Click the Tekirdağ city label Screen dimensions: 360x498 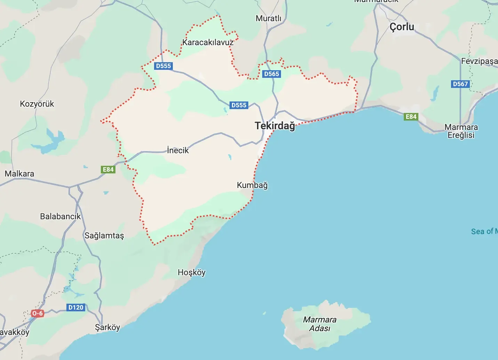[275, 125]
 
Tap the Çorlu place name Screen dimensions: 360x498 [402, 27]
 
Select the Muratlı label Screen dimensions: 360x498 [268, 18]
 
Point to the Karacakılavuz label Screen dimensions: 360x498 [208, 42]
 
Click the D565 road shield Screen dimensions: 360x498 [272, 74]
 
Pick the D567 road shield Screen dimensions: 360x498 [460, 84]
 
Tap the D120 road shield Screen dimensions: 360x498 [76, 307]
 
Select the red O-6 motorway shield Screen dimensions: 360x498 [37, 313]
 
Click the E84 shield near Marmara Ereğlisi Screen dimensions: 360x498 [411, 117]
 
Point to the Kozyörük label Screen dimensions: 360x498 [37, 104]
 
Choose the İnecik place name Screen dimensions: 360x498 [178, 150]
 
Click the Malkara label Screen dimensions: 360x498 [19, 173]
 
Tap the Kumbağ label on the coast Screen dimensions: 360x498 [252, 185]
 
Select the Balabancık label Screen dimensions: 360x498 [60, 216]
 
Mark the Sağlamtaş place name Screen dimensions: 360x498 [104, 236]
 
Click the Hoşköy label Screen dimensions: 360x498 [192, 272]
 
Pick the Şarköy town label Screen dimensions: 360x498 [107, 327]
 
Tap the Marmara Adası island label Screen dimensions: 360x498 [320, 324]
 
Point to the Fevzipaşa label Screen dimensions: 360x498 [479, 61]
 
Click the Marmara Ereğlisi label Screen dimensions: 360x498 [461, 131]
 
